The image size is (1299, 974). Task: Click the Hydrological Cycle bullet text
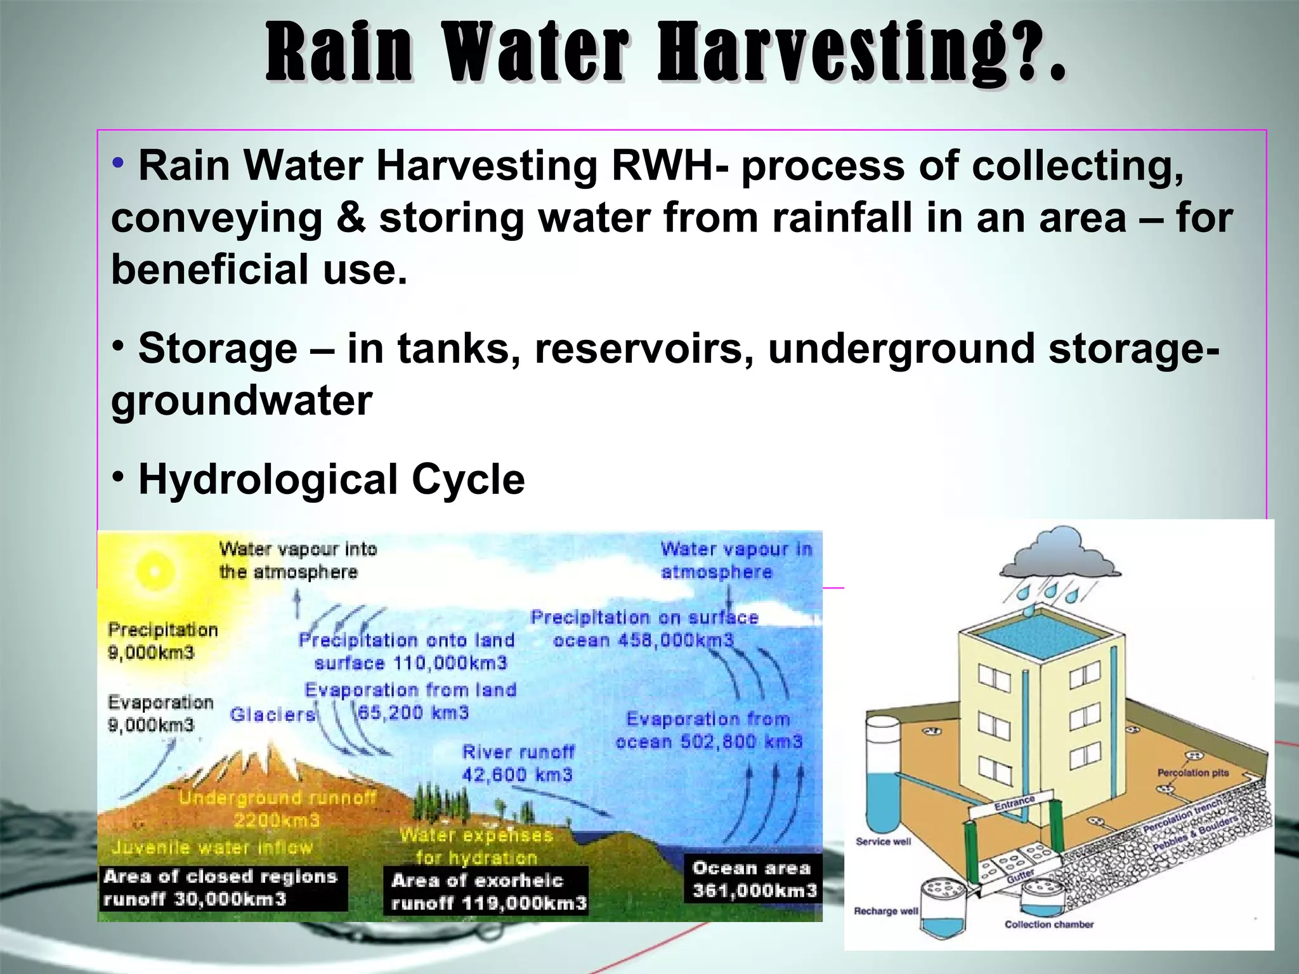pos(331,479)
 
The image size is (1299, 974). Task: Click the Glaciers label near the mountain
pos(273,715)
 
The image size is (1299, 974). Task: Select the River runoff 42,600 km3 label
pos(518,763)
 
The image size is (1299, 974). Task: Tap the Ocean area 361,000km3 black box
pos(754,880)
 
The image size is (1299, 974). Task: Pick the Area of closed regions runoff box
pos(221,888)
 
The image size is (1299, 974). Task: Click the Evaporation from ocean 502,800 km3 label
pos(708,730)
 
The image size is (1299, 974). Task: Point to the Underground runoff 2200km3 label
pos(277,809)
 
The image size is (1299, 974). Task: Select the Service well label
pos(883,841)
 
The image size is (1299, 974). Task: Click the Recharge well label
pos(885,911)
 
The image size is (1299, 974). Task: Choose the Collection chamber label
pos(1049,925)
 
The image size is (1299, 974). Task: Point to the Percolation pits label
pos(1192,772)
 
